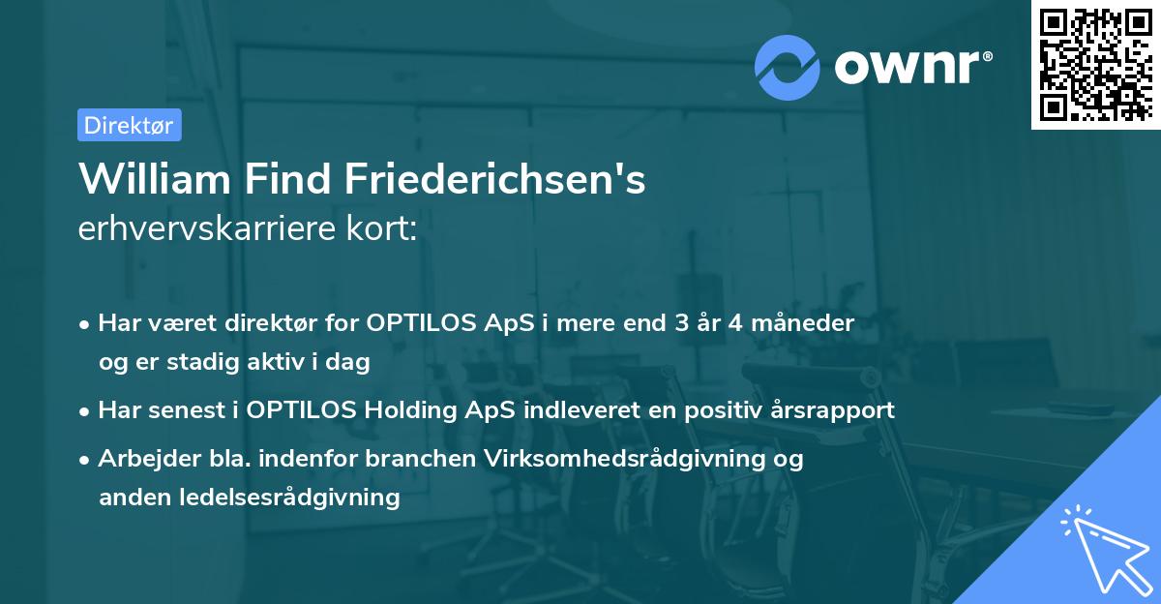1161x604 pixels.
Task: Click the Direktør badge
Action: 129,125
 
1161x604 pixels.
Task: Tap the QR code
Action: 1094,65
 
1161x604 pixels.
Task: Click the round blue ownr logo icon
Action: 788,67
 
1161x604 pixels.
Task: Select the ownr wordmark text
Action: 912,67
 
